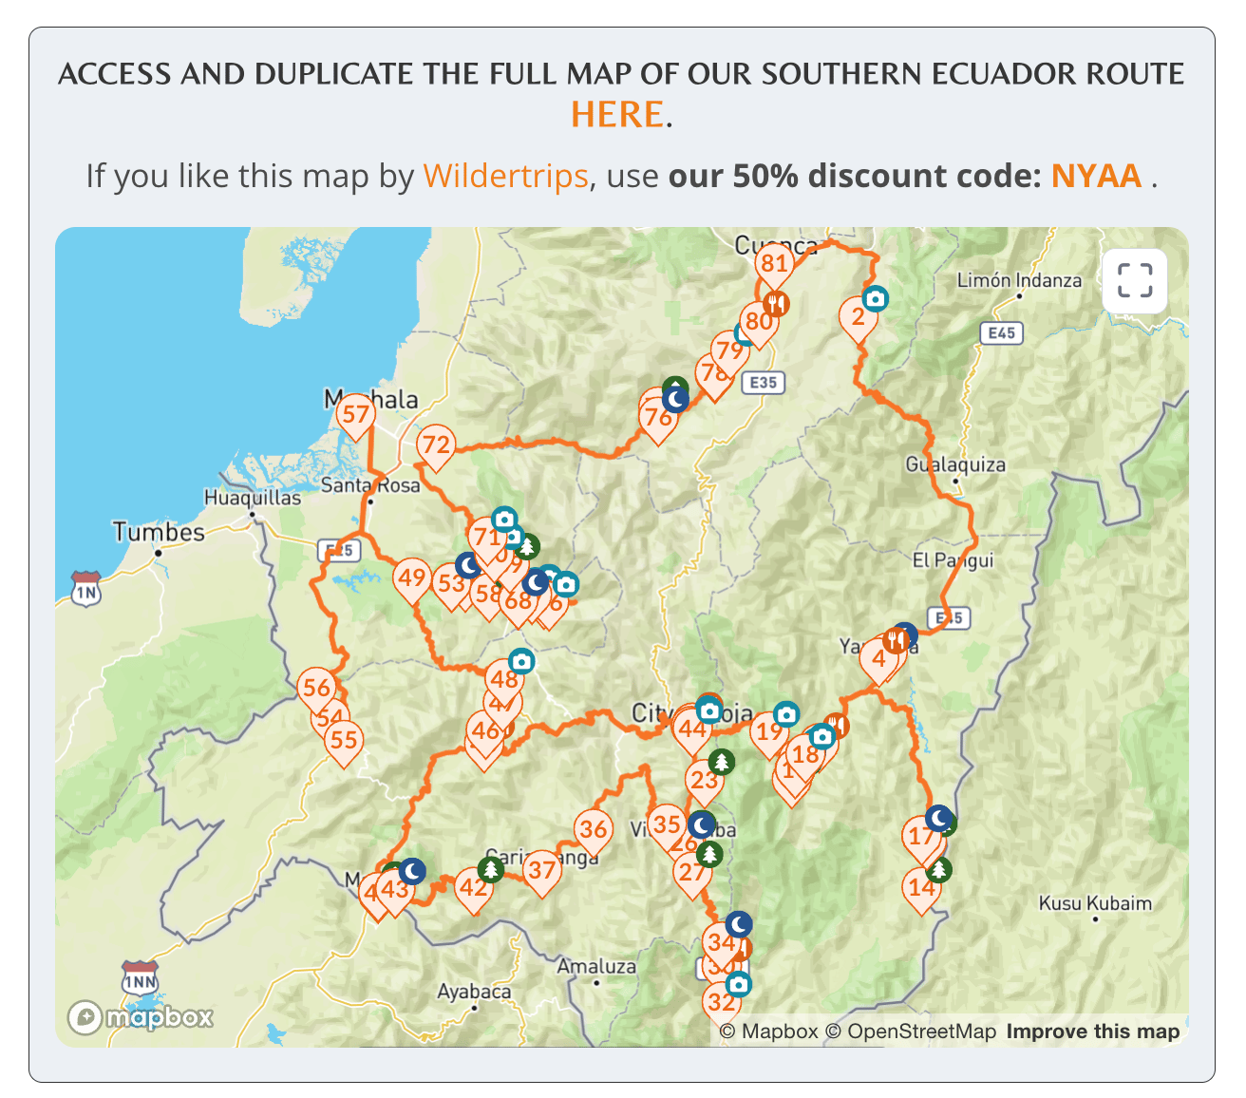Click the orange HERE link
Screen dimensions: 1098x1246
click(x=617, y=115)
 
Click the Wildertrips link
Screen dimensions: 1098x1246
click(x=505, y=176)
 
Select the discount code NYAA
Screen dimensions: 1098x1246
click(x=1096, y=176)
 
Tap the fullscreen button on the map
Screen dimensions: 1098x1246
click(x=1134, y=281)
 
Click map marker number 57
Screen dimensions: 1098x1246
click(x=355, y=415)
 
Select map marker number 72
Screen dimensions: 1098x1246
click(x=436, y=445)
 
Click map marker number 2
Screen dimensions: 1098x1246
click(x=858, y=316)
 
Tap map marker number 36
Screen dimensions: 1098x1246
click(x=594, y=829)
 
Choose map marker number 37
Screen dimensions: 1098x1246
click(x=541, y=870)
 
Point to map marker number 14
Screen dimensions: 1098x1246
click(x=921, y=888)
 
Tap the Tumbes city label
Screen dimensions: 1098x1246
click(x=159, y=532)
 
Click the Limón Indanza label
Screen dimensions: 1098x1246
click(x=1019, y=280)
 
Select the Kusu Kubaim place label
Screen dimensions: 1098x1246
click(x=1094, y=903)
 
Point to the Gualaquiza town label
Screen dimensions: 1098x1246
click(x=954, y=465)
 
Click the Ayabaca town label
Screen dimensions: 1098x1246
click(x=474, y=992)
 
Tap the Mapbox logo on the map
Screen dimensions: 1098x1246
click(x=141, y=1017)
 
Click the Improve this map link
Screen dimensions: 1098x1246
click(x=1092, y=1032)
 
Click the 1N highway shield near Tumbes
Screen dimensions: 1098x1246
click(x=86, y=591)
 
